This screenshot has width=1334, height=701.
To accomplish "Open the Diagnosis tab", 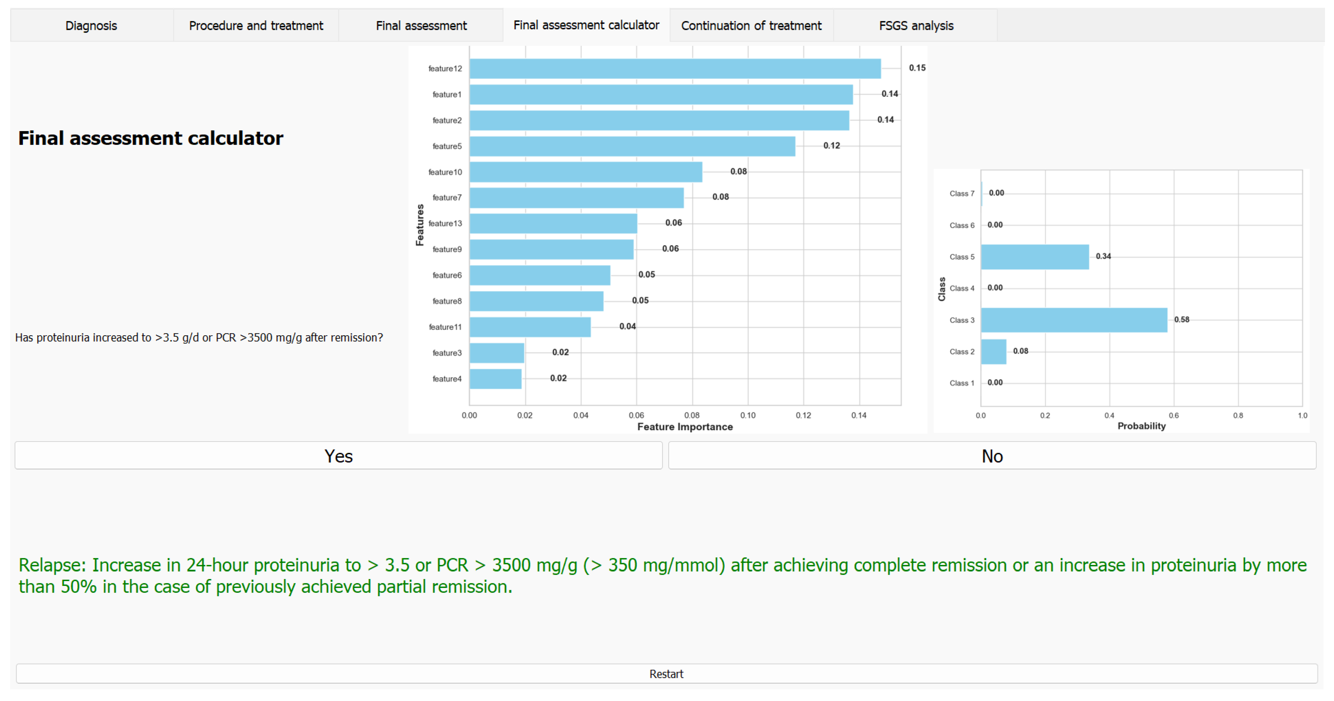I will (x=91, y=25).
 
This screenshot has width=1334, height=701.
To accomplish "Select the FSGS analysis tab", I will (x=916, y=25).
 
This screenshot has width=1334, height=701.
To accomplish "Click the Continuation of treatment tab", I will (x=751, y=25).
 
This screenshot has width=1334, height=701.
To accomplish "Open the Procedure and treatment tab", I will (x=256, y=25).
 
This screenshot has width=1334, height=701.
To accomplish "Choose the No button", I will (x=992, y=456).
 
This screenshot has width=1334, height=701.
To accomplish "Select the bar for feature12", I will (x=675, y=68).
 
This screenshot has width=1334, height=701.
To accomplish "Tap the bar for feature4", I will (x=495, y=379).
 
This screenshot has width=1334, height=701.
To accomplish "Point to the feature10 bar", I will (x=586, y=172).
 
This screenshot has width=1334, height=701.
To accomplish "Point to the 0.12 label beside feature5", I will (x=831, y=146).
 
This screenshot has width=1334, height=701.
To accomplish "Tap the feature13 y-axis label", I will (x=445, y=223).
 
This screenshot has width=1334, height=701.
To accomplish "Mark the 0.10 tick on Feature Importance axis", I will (x=747, y=415).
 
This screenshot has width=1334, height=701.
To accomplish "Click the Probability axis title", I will (x=1141, y=426).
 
